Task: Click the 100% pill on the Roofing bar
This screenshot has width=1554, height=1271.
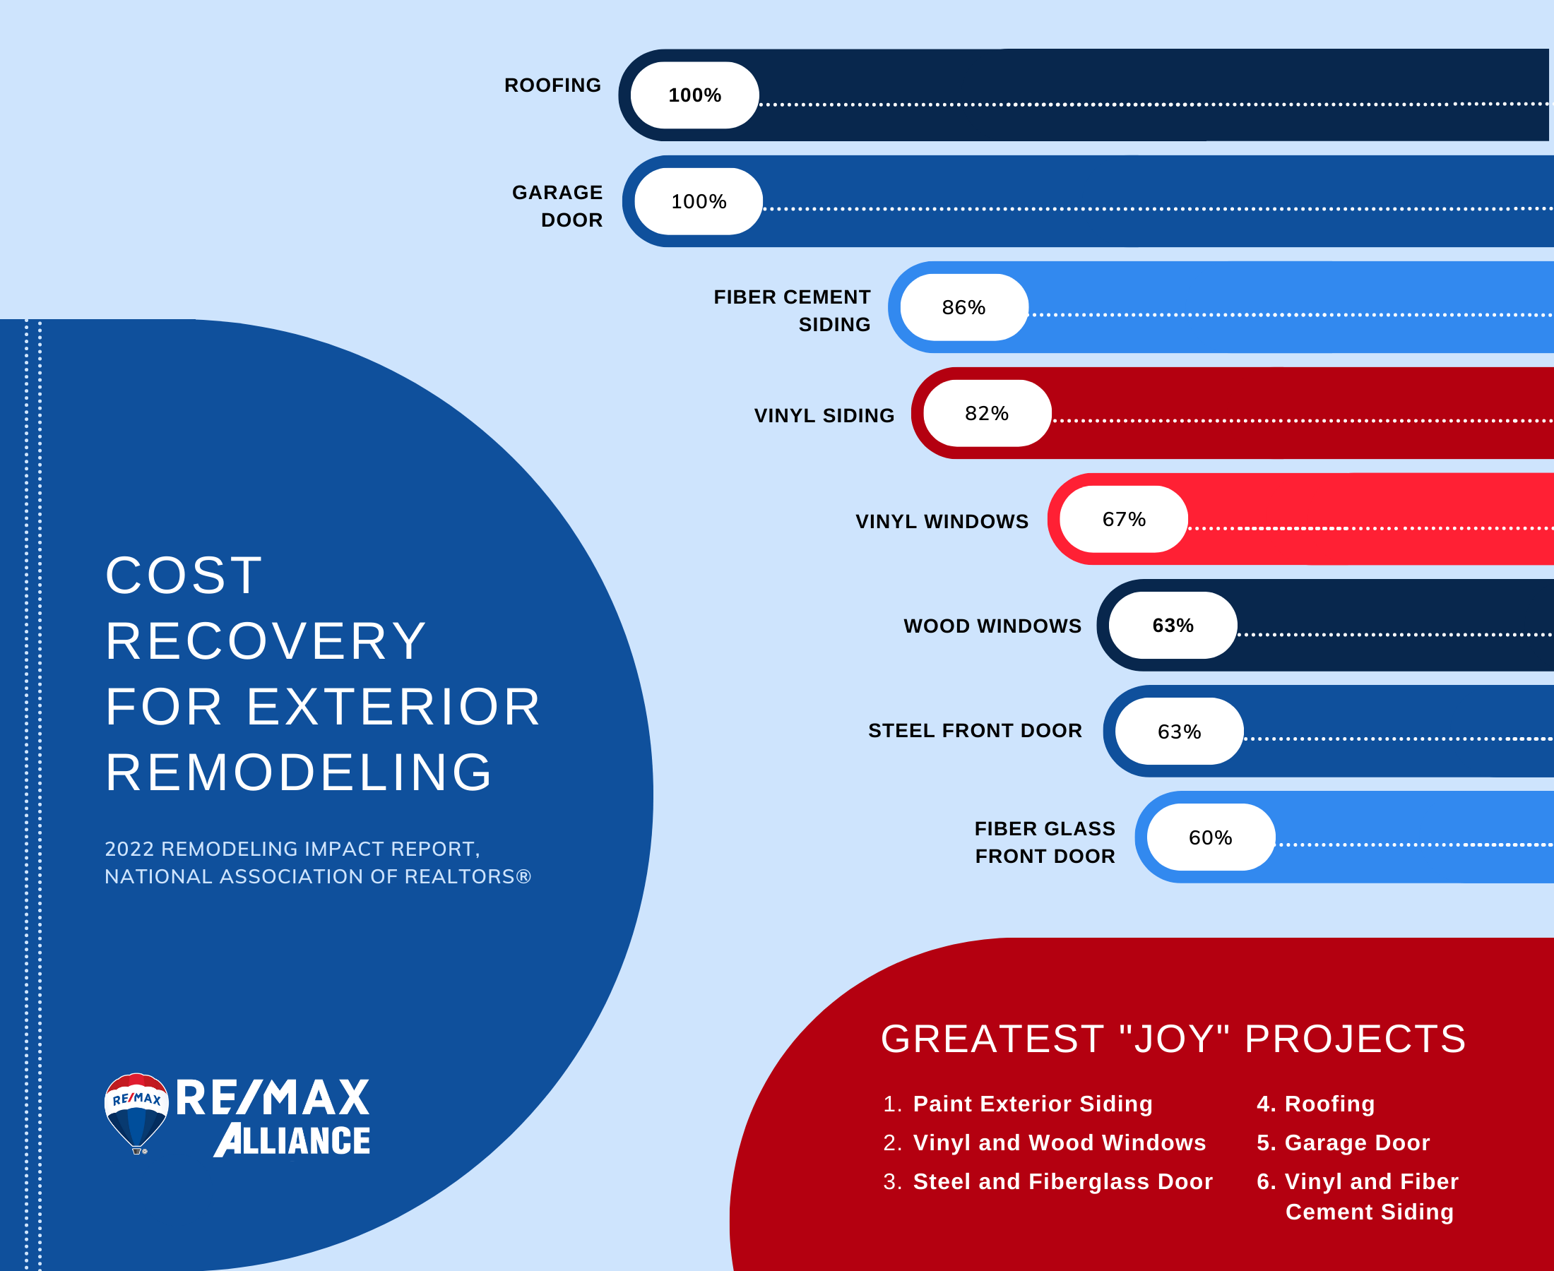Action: coord(694,95)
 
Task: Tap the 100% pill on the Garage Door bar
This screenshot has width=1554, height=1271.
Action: coord(699,201)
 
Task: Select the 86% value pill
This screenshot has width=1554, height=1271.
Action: coord(963,307)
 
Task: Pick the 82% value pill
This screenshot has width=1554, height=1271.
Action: coord(987,414)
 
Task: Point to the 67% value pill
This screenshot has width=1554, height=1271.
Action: coord(1123,519)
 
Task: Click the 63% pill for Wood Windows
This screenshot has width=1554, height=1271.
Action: coord(1173,625)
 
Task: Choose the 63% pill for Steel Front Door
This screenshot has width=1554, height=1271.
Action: coord(1179,732)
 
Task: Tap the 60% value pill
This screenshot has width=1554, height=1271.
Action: coord(1211,837)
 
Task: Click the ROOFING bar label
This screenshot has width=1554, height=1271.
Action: coord(553,85)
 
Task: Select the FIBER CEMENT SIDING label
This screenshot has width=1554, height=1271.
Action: coord(793,311)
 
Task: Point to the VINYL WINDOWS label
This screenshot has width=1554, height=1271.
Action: coord(942,521)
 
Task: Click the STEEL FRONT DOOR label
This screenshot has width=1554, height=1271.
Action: coord(975,731)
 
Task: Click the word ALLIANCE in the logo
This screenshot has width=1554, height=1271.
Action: coord(292,1140)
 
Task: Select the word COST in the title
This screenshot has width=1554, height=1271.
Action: coord(184,575)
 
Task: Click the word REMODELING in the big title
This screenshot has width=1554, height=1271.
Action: coord(299,772)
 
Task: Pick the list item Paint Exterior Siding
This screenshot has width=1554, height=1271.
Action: coord(1033,1104)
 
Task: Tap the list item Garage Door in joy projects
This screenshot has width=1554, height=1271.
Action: coord(1357,1142)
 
